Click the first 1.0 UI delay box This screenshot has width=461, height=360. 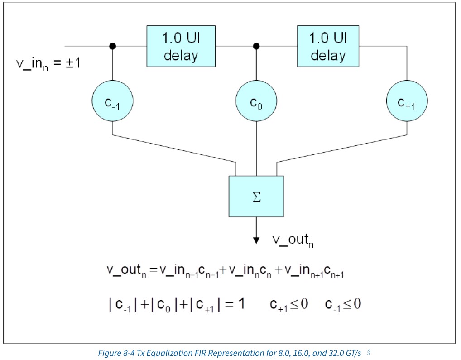point(180,46)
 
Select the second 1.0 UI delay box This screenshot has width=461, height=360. point(328,46)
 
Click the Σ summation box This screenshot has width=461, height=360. point(256,197)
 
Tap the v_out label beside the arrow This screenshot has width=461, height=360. point(293,240)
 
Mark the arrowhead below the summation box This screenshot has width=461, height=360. point(256,239)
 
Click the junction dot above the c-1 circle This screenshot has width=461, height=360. point(112,46)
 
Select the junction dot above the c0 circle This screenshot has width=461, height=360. point(256,46)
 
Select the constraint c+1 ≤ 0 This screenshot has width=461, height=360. point(288,304)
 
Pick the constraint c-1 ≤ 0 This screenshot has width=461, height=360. point(343,304)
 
